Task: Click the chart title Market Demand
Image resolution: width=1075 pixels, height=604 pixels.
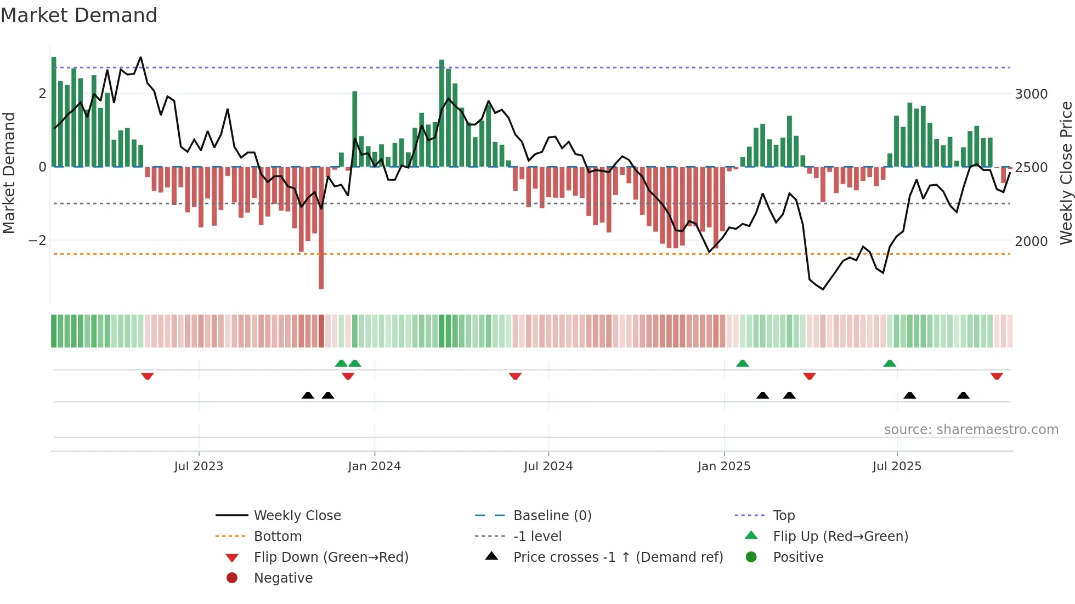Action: pyautogui.click(x=79, y=15)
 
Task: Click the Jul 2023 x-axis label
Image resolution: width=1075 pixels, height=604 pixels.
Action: pyautogui.click(x=199, y=466)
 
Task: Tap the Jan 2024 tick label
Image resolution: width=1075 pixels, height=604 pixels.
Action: pyautogui.click(x=375, y=466)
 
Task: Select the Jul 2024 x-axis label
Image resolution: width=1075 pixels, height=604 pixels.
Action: pyautogui.click(x=548, y=466)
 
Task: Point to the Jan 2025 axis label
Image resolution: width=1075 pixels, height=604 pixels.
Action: pyautogui.click(x=724, y=466)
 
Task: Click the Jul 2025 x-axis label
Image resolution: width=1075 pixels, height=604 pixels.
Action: pyautogui.click(x=897, y=466)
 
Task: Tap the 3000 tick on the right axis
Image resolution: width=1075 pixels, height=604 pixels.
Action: pyautogui.click(x=1031, y=94)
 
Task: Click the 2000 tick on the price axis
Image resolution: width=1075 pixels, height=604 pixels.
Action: pyautogui.click(x=1031, y=242)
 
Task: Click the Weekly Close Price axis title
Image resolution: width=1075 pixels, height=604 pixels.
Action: pyautogui.click(x=1066, y=173)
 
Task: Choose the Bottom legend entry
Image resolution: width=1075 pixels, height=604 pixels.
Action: pyautogui.click(x=278, y=537)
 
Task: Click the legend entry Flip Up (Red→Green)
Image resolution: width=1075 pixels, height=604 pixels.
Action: pyautogui.click(x=840, y=537)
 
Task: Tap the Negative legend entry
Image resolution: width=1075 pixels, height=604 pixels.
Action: pyautogui.click(x=283, y=578)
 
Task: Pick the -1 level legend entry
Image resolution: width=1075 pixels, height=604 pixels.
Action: pyautogui.click(x=537, y=537)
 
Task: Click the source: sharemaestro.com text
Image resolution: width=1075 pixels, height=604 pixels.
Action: pyautogui.click(x=971, y=430)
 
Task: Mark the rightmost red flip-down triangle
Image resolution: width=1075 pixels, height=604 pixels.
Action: pyautogui.click(x=997, y=376)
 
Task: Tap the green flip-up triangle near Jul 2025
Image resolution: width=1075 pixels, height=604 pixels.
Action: pyautogui.click(x=890, y=363)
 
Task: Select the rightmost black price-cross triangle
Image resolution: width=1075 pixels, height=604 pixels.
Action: pyautogui.click(x=963, y=395)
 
